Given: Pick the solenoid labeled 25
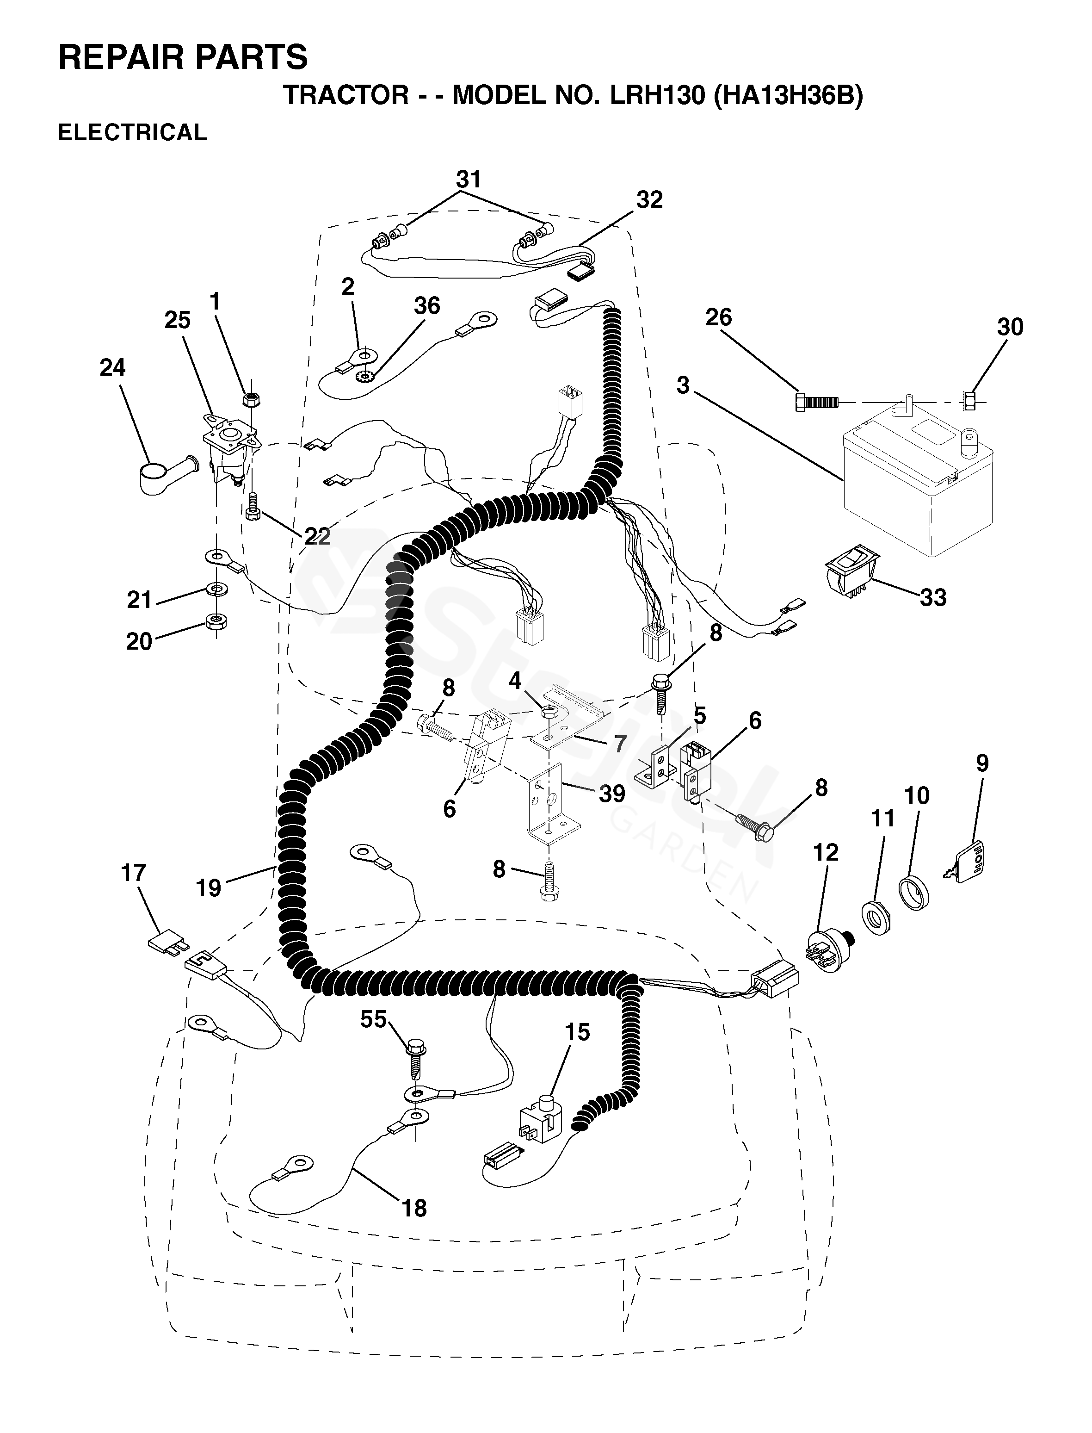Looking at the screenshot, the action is click(229, 449).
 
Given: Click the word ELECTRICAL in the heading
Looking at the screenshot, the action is click(133, 132).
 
